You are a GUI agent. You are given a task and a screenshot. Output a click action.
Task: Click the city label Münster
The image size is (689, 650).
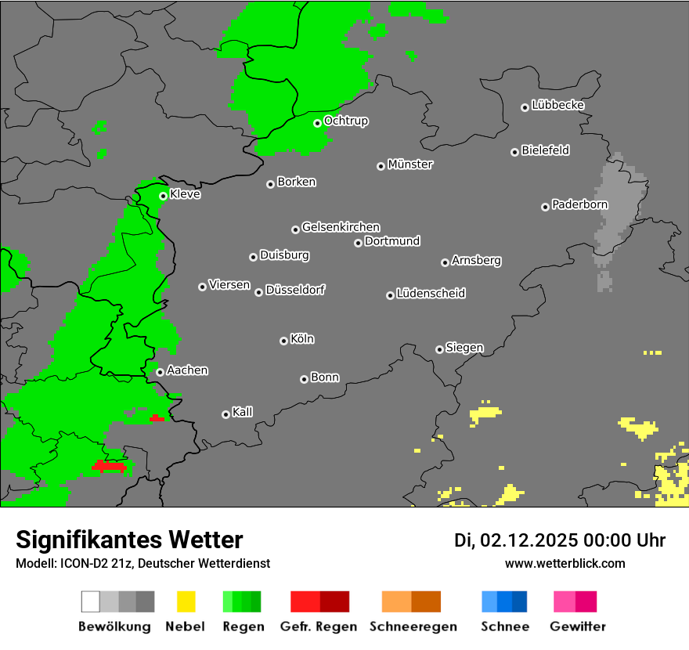(x=410, y=164)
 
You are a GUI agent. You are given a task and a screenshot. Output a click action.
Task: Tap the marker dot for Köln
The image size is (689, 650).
(x=283, y=341)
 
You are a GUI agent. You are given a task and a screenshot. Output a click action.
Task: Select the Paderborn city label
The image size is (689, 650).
(x=579, y=205)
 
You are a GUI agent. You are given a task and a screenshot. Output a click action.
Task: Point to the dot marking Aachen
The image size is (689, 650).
(x=160, y=372)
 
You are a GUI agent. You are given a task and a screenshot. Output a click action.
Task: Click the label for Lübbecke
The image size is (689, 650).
(x=557, y=105)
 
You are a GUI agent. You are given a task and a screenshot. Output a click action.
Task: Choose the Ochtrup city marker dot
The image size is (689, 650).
(x=317, y=123)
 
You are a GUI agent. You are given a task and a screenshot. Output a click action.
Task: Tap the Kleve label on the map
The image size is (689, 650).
(x=185, y=194)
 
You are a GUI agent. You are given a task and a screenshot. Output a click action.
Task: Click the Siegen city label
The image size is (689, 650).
(x=464, y=348)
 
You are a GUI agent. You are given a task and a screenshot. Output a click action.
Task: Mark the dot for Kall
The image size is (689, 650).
(x=225, y=414)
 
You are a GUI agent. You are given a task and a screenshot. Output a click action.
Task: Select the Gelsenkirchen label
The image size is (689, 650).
(x=341, y=227)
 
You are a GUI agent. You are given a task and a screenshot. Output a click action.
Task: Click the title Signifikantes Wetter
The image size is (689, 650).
(x=129, y=540)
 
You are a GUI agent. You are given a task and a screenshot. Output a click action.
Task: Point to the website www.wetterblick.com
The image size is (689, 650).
(x=565, y=563)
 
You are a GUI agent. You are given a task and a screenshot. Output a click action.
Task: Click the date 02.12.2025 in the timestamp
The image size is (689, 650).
(x=528, y=540)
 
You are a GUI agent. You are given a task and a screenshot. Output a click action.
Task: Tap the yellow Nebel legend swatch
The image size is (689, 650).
(x=186, y=601)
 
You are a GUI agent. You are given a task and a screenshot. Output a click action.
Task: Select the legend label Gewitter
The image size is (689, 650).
(x=577, y=627)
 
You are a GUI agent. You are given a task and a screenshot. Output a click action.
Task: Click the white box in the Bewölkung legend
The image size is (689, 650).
(x=91, y=601)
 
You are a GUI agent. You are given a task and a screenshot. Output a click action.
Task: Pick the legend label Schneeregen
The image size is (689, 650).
(x=413, y=627)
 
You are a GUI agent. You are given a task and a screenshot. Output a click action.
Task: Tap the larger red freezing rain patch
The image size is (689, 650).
(x=110, y=466)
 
